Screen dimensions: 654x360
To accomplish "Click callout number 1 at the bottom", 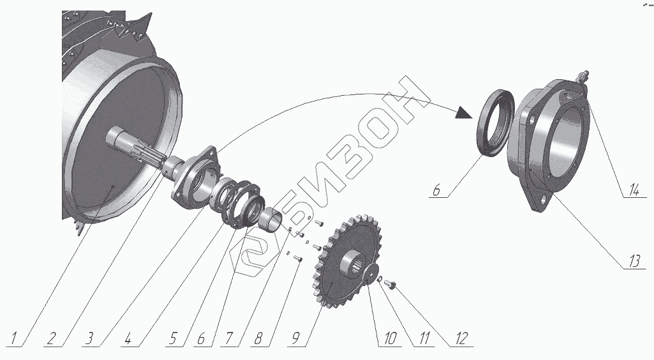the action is click(x=14, y=338).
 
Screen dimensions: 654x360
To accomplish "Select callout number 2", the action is click(x=51, y=338).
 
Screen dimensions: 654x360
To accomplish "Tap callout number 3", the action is click(x=89, y=338).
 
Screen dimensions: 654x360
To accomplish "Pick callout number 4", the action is click(x=128, y=338).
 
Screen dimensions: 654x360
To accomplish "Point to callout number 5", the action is click(x=173, y=338).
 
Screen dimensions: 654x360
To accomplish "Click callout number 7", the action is click(x=228, y=338).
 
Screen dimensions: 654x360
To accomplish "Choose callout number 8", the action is click(x=258, y=338).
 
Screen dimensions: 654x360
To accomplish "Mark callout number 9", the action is click(x=295, y=338).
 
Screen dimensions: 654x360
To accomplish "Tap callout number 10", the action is click(x=389, y=338).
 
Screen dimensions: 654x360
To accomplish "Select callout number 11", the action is click(x=424, y=338).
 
